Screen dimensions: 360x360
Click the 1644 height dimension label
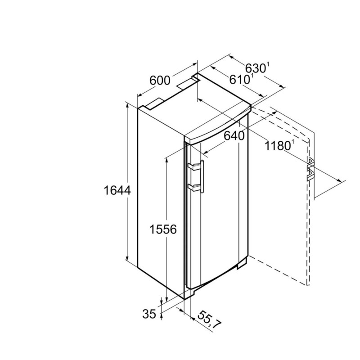(117, 190)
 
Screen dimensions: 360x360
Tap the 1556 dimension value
(163, 229)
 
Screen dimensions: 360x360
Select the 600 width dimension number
(160, 81)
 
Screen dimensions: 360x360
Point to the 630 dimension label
(255, 68)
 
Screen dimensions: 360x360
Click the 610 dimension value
(239, 80)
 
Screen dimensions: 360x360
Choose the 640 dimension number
(234, 136)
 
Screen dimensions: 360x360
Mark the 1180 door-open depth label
(278, 146)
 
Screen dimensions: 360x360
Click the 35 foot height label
(149, 314)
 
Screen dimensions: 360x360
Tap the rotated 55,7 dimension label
(209, 320)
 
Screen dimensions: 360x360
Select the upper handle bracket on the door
(194, 166)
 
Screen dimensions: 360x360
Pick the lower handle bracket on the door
(194, 187)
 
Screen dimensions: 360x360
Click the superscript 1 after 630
(268, 65)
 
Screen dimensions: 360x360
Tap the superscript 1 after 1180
(293, 143)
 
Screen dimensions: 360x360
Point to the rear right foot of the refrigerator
(243, 263)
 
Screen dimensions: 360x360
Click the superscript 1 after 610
(252, 76)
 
